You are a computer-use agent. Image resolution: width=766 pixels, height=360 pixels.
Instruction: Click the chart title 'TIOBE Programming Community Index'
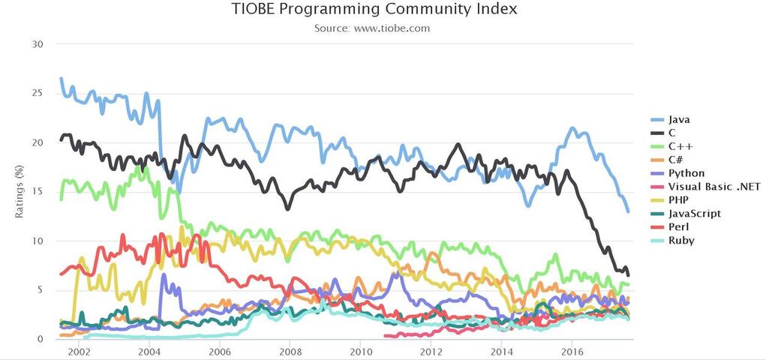pos(375,10)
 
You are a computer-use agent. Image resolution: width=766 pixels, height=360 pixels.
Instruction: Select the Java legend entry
pos(679,118)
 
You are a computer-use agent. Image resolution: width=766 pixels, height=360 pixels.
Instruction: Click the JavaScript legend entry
pos(693,213)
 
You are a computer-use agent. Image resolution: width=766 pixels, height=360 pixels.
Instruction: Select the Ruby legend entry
pos(680,240)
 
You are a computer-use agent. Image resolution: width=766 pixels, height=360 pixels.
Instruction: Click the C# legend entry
pos(676,159)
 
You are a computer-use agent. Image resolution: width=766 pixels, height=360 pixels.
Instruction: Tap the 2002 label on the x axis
pos(79,351)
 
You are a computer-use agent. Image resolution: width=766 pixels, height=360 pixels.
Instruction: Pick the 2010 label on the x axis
pos(361,351)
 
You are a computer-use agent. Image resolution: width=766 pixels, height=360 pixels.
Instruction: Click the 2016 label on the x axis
pos(572,351)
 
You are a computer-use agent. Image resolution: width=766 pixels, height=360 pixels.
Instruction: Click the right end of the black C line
pos(628,275)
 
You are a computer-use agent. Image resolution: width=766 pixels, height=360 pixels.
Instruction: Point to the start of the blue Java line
pos(61,79)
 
